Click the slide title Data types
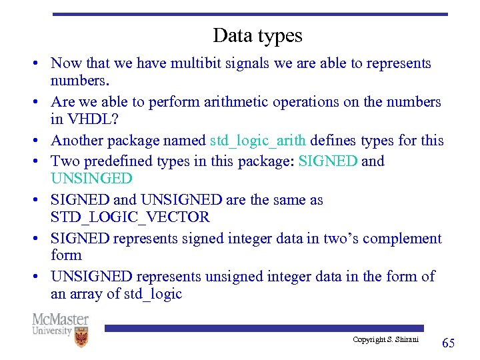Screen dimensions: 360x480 click(257, 35)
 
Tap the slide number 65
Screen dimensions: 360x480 click(449, 343)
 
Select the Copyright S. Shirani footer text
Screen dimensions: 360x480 click(386, 340)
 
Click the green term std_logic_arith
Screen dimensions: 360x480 click(258, 140)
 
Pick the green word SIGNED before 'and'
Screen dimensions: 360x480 click(328, 161)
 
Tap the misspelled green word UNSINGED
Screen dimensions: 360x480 click(91, 178)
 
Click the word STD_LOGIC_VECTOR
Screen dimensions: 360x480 click(130, 217)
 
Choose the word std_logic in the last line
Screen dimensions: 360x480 click(153, 294)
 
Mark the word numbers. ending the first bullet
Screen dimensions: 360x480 click(80, 81)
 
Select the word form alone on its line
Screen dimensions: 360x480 click(66, 255)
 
